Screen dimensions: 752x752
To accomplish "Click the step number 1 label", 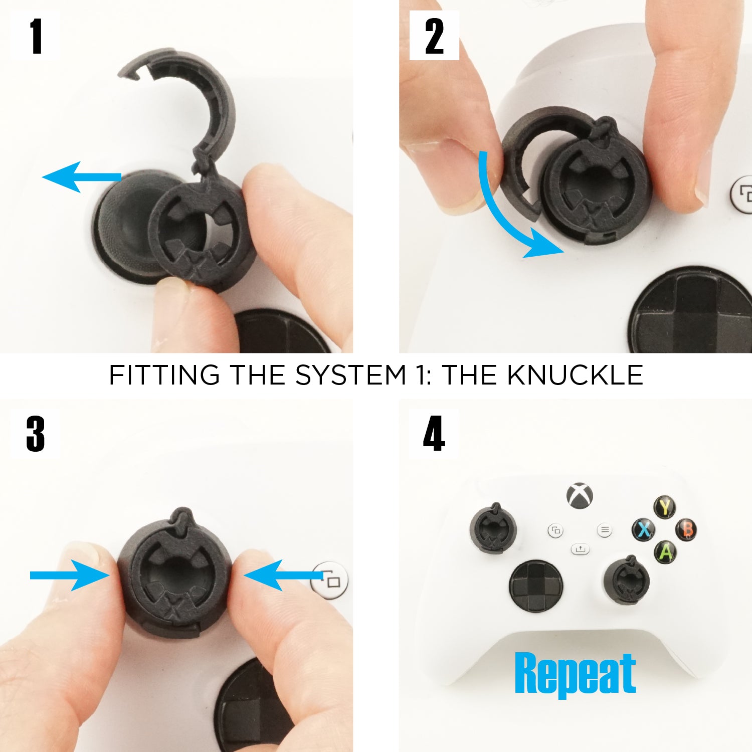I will [x=36, y=36].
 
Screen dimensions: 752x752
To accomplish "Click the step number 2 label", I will [x=434, y=36].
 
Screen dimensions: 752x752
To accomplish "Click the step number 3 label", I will [x=36, y=434].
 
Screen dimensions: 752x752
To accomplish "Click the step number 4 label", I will [x=434, y=434].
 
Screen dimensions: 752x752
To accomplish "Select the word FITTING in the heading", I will [x=164, y=375].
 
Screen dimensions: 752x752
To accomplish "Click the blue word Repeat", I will [x=575, y=673].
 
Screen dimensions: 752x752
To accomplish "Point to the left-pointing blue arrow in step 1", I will [x=80, y=176].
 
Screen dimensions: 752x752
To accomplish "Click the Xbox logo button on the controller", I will [x=580, y=495].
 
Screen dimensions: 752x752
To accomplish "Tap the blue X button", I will [x=644, y=529].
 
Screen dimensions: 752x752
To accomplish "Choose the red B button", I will [x=687, y=529].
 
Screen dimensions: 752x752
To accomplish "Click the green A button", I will [x=666, y=551].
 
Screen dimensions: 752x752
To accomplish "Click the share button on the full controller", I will [x=580, y=549].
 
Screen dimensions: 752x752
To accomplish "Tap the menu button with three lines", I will [x=605, y=529].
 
